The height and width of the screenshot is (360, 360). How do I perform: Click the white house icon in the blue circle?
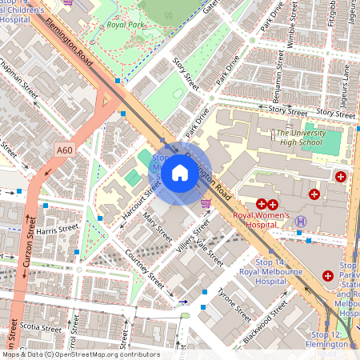click(x=180, y=173)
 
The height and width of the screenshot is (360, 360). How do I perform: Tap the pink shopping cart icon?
click(x=206, y=205)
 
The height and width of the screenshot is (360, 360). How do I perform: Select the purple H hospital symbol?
click(x=301, y=222)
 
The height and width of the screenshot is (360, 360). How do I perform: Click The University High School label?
click(x=302, y=138)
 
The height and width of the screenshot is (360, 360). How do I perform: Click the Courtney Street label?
click(x=145, y=271)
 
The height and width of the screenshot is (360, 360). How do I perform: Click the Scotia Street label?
click(x=40, y=328)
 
